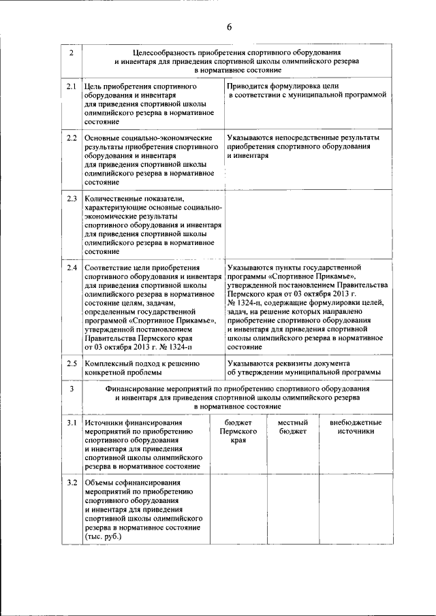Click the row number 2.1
pos(72,87)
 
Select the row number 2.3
pos(72,198)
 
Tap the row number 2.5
pos(72,363)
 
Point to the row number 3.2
pos(72,483)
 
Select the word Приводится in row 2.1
pos(247,87)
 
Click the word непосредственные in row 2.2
pos(313,138)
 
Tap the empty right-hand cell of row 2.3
pos(308,225)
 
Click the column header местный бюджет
pos(292,427)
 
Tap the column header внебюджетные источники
pos(356,427)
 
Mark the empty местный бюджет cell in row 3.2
pos(292,510)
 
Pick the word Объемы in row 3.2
pos(99,483)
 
